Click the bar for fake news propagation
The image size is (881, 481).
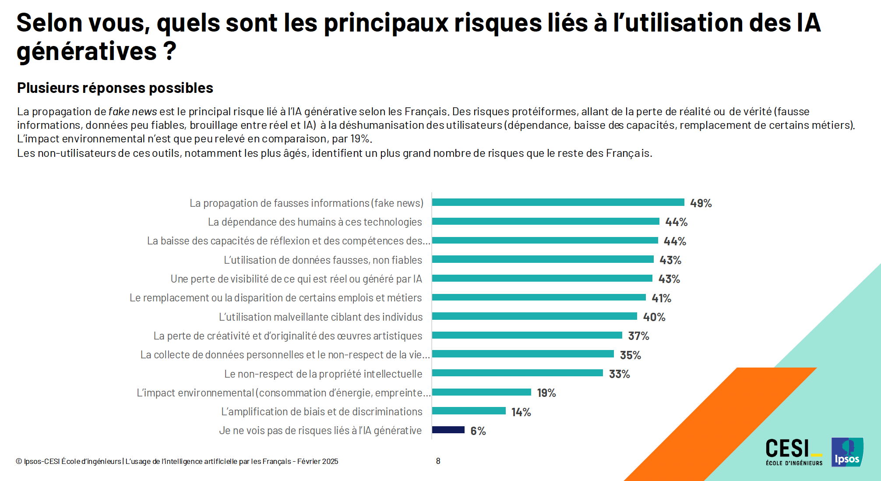point(558,202)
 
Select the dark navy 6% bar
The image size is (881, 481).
point(448,430)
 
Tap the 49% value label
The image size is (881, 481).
point(701,203)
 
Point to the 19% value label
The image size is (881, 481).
point(546,393)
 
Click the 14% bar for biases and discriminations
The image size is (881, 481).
point(469,411)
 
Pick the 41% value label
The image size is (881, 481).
point(661,298)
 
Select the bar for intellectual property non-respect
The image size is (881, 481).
point(517,373)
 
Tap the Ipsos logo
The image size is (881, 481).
point(847,452)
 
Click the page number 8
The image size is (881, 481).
point(438,461)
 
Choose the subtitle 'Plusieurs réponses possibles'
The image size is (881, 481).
point(115,88)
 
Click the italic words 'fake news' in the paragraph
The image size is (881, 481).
point(132,112)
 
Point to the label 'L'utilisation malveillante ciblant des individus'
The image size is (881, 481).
point(321,317)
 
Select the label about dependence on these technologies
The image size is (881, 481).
point(315,222)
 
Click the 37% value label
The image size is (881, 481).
point(638,336)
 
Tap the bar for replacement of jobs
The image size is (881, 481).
point(539,297)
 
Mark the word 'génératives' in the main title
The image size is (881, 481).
point(87,52)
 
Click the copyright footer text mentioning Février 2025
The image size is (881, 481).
point(177,461)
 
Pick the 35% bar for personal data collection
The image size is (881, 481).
point(523,354)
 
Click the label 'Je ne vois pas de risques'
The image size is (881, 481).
point(320,431)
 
